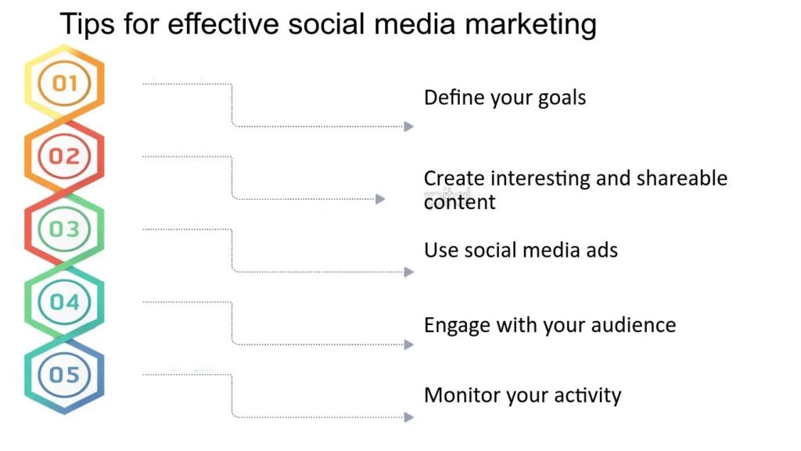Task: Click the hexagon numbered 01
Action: [64, 83]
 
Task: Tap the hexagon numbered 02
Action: [64, 156]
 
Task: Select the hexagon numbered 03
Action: [64, 229]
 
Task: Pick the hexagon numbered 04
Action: [64, 301]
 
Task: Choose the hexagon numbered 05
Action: [64, 374]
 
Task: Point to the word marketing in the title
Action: [532, 25]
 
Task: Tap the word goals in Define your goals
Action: [562, 99]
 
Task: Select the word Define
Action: [452, 98]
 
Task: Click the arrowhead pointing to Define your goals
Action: [408, 126]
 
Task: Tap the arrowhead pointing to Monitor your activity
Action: [408, 417]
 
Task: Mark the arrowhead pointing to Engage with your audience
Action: [408, 345]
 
